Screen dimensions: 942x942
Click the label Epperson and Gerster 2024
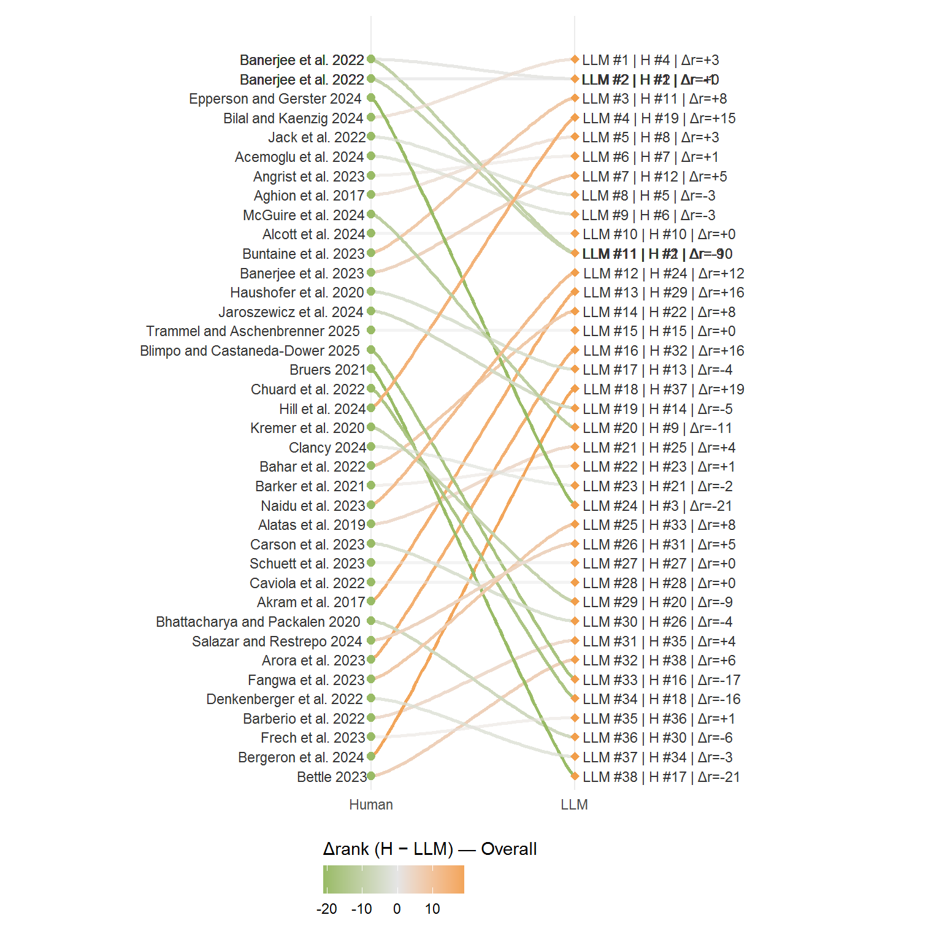tap(275, 99)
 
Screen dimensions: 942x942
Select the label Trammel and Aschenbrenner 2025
tap(253, 331)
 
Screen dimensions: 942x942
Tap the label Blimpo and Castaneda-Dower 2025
tap(250, 351)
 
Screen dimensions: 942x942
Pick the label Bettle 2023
tap(331, 777)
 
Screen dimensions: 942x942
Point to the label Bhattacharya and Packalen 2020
tap(258, 622)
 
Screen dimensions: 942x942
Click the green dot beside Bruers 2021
tap(371, 369)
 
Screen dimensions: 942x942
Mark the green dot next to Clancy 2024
tap(371, 447)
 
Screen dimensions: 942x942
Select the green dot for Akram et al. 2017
tap(371, 602)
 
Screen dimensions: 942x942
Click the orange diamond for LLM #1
tap(575, 59)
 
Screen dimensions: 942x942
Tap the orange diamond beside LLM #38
tap(575, 776)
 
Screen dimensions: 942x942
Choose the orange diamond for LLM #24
tap(575, 505)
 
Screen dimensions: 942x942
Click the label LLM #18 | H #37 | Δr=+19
tap(664, 389)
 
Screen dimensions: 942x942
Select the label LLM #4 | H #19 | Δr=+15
tap(659, 118)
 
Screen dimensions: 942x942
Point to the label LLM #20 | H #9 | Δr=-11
tap(657, 428)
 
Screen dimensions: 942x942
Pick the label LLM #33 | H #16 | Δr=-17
tap(662, 680)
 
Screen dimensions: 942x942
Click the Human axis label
tap(371, 805)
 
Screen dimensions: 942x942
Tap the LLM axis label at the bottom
tap(575, 805)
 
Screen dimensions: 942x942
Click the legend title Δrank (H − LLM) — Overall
tap(430, 849)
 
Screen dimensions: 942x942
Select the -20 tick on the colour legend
tap(326, 909)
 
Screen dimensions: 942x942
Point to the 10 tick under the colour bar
tap(432, 909)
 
